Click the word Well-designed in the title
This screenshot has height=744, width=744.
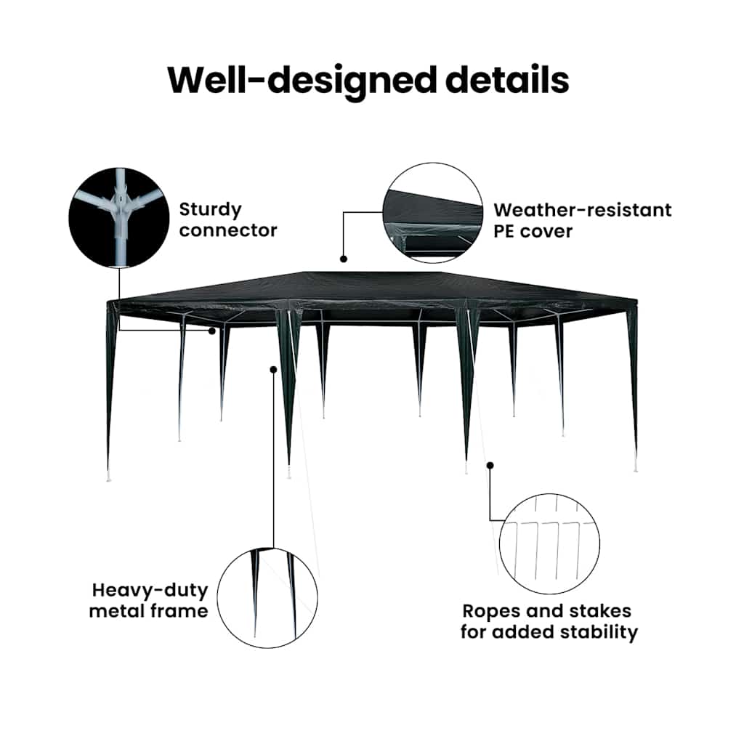click(302, 81)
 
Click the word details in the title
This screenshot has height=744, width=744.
click(507, 79)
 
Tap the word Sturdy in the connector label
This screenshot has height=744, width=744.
click(210, 210)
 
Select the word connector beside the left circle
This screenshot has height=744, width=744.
click(227, 230)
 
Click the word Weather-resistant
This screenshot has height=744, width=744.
click(583, 210)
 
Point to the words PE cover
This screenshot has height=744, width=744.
click(533, 231)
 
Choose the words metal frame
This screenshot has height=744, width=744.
click(148, 611)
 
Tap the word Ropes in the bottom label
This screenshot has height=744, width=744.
click(492, 612)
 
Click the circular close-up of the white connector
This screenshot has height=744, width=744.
click(119, 217)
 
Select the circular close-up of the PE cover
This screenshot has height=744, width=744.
click(433, 213)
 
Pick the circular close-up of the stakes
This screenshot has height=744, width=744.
click(549, 543)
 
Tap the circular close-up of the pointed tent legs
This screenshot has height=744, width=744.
click(267, 598)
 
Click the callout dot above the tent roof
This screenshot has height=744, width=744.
click(344, 259)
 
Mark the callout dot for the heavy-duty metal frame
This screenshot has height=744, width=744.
click(273, 370)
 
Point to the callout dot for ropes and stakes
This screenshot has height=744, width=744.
click(490, 466)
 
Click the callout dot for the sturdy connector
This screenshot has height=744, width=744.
click(212, 331)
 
